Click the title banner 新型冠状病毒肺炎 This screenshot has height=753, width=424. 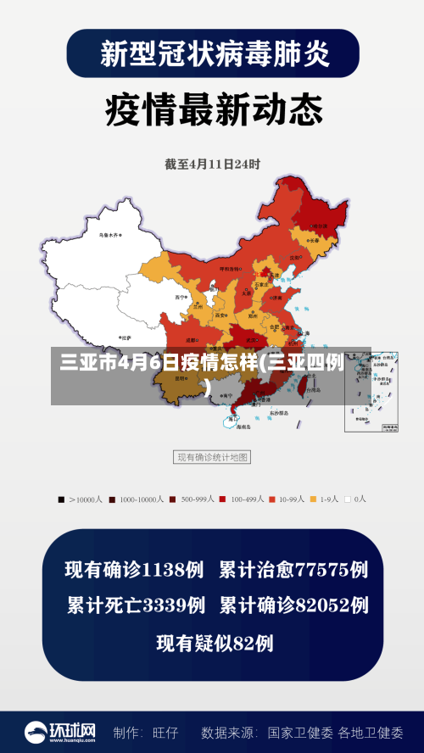pos(212,54)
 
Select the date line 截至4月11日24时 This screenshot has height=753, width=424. pos(212,165)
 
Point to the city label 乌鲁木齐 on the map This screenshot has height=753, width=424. pos(109,235)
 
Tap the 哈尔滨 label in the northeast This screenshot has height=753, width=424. pos(321,226)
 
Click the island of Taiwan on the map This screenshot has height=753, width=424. pos(299,385)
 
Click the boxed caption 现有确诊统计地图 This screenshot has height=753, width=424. pos(212,457)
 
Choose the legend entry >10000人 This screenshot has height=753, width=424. pos(81,499)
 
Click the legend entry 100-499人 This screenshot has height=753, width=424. pos(243,499)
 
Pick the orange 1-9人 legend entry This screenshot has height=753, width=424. pos(326,499)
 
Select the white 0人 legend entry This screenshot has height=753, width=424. pos(355,499)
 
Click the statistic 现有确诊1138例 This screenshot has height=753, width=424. pos(134,570)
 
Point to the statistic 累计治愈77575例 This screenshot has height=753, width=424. pos(293,570)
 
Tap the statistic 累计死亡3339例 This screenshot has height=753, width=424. pos(136,605)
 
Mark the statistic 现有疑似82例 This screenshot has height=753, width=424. pos(215,644)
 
